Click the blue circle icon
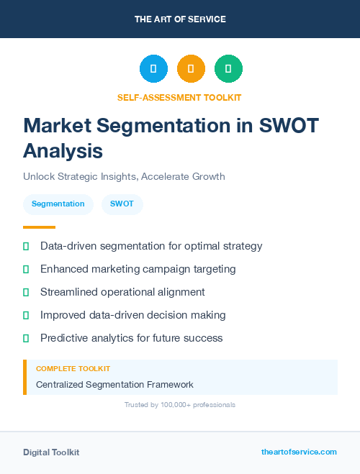click(x=153, y=68)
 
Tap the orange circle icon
click(x=191, y=68)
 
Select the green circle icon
click(x=228, y=68)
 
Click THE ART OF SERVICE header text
click(x=180, y=19)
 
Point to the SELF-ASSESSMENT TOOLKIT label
click(x=179, y=97)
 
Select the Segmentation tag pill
click(x=58, y=204)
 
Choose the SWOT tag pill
click(x=122, y=204)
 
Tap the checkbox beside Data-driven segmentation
click(x=26, y=247)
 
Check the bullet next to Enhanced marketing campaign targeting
click(x=26, y=270)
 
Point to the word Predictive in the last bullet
click(x=63, y=338)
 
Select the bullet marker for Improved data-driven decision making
click(x=26, y=316)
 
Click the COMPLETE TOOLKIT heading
click(x=73, y=368)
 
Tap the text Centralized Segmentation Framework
click(x=114, y=385)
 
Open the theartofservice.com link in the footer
click(x=299, y=452)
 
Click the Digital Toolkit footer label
click(x=51, y=452)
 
